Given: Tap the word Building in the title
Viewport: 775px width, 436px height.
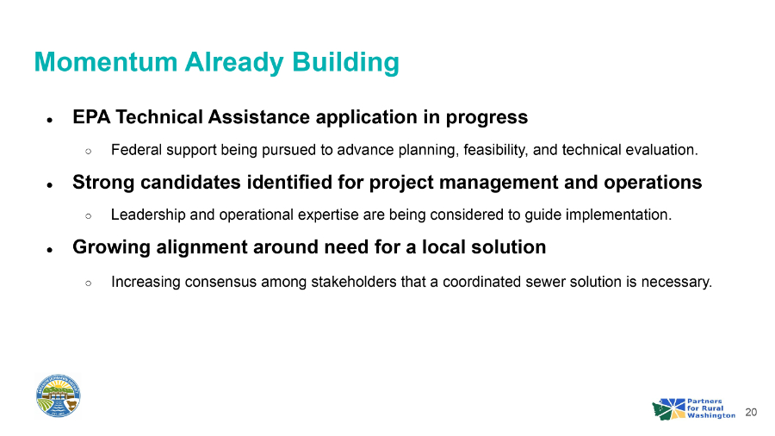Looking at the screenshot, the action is [x=345, y=63].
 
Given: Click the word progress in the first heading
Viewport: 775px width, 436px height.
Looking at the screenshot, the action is [x=487, y=118].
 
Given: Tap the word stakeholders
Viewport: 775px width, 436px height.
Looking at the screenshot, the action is [x=353, y=282].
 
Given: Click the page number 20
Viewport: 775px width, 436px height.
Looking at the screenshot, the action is [x=751, y=412].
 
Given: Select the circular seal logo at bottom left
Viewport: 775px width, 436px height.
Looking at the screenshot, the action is [x=59, y=396].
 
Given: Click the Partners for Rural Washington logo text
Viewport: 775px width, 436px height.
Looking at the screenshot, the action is [x=710, y=408].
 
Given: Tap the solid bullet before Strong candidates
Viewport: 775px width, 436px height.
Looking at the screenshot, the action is [x=49, y=185].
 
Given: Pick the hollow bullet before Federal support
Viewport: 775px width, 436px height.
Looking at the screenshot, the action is [x=88, y=152].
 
